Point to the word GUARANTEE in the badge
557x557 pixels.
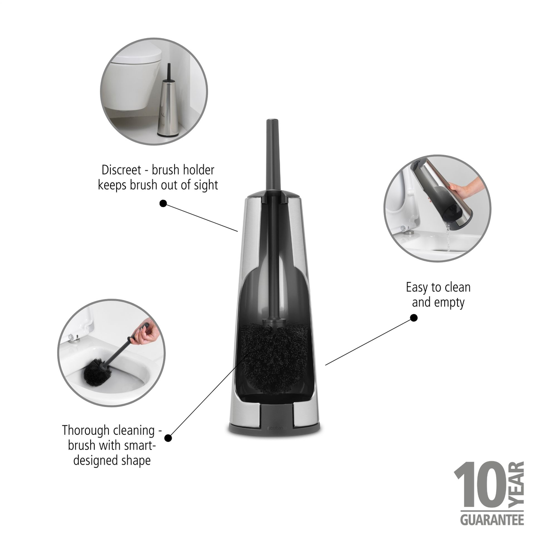pyautogui.click(x=492, y=519)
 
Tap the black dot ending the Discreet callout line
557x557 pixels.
pyautogui.click(x=163, y=203)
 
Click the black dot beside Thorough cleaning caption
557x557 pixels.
pyautogui.click(x=168, y=438)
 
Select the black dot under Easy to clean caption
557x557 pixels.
pyautogui.click(x=414, y=318)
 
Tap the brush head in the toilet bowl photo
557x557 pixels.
pyautogui.click(x=97, y=371)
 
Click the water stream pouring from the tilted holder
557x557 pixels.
pyautogui.click(x=448, y=238)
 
